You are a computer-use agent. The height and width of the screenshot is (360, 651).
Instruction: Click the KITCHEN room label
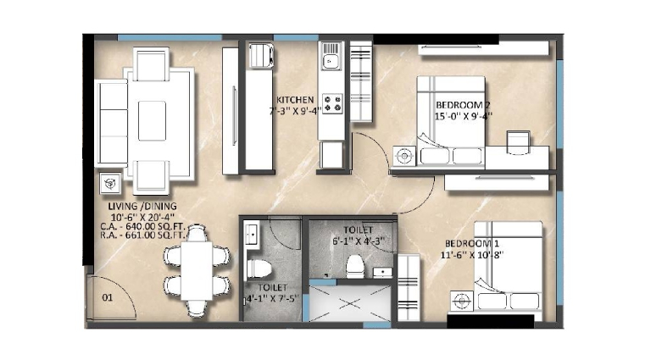click(x=295, y=100)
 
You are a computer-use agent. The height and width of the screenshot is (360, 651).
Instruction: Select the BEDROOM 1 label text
click(x=472, y=243)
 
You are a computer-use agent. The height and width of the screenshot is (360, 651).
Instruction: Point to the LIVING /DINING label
click(x=142, y=206)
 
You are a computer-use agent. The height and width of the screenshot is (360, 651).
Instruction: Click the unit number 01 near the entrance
click(x=107, y=297)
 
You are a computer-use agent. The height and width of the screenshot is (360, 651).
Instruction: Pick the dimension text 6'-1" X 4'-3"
click(x=359, y=241)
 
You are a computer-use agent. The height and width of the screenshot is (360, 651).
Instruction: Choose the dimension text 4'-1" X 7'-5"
click(x=272, y=298)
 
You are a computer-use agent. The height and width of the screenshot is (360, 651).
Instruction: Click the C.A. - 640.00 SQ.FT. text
click(x=142, y=227)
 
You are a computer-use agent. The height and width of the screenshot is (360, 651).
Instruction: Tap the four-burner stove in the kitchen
click(x=333, y=103)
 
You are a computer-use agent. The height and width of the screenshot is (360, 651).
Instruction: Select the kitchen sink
click(x=331, y=56)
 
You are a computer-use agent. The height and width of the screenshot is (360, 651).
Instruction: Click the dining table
click(x=197, y=271)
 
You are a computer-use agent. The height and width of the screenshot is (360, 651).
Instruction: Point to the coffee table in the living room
click(x=152, y=120)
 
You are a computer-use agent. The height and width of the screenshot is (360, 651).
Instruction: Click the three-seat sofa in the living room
click(x=112, y=123)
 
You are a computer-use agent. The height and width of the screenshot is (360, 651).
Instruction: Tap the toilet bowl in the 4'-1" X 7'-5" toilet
click(x=259, y=269)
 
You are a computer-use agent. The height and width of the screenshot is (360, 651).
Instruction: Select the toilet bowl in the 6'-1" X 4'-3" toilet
click(x=355, y=266)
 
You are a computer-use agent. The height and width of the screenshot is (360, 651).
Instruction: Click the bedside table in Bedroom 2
click(x=404, y=157)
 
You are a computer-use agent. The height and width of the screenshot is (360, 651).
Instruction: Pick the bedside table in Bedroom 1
click(x=462, y=302)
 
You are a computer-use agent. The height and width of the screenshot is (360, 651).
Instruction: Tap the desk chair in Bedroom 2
click(x=518, y=142)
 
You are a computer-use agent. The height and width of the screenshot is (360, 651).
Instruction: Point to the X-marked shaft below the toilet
click(x=349, y=303)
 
